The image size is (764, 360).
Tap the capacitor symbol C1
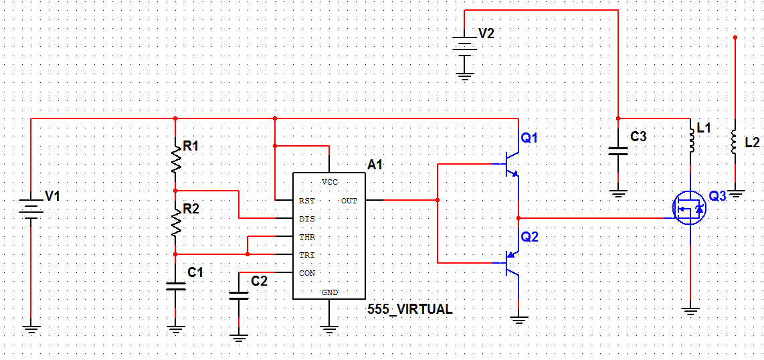(175, 286)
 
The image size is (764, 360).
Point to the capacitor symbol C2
(239, 294)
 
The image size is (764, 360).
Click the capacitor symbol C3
(618, 151)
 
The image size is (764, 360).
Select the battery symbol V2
(466, 49)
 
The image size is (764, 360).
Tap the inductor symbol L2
(735, 141)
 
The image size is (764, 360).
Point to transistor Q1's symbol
(511, 164)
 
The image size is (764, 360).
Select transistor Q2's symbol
(511, 263)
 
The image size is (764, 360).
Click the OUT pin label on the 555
(349, 200)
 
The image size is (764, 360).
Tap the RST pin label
(307, 200)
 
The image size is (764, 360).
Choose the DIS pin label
(307, 219)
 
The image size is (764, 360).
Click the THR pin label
(307, 237)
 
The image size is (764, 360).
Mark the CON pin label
(307, 273)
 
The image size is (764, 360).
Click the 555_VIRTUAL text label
(410, 309)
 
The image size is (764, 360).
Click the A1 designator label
(375, 165)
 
